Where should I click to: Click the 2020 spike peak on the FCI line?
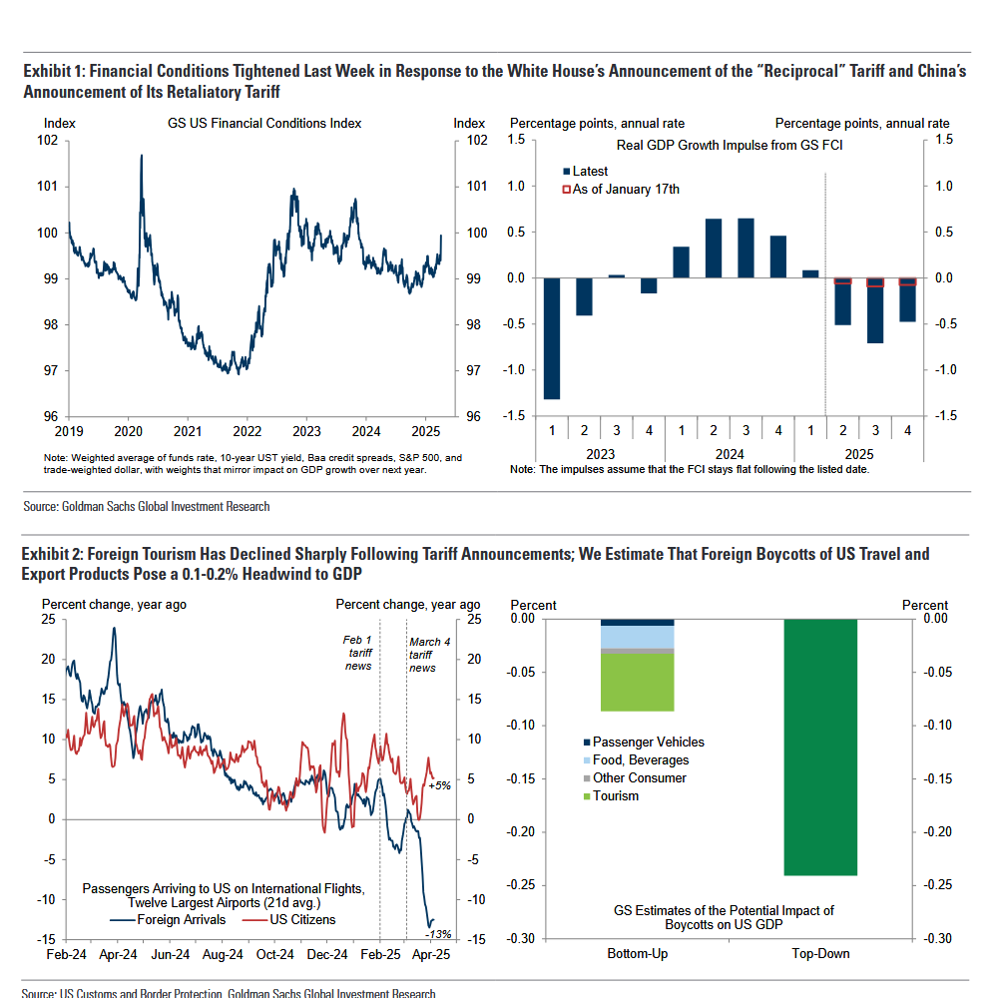coord(141,157)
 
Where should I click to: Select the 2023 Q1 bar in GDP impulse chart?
coord(552,338)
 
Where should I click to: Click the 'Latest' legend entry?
coord(599,172)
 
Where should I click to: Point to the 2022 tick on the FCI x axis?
coord(247,431)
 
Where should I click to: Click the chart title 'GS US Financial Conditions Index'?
coord(264,124)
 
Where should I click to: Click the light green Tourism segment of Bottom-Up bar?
coord(637,682)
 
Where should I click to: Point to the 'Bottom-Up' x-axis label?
coord(637,953)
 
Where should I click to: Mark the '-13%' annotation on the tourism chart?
coord(438,934)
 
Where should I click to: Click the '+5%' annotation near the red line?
coord(439,785)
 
